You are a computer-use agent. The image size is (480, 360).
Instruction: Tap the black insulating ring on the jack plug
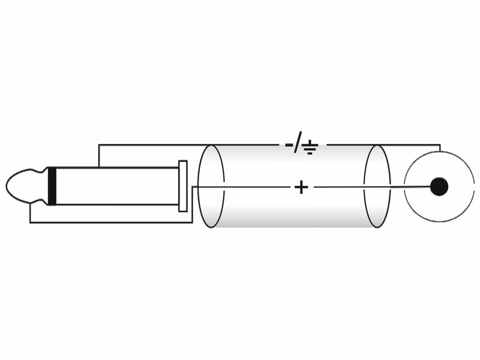[x=52, y=186]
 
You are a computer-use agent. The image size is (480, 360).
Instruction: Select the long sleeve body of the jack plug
[x=117, y=186]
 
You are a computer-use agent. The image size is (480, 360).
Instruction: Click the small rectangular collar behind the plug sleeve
[x=183, y=186]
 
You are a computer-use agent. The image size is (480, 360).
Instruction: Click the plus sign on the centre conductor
[x=301, y=187]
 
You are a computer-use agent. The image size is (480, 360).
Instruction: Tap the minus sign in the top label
[x=289, y=145]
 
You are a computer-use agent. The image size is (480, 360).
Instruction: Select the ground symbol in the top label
[x=310, y=148]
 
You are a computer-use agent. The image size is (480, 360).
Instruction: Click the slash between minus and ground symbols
[x=297, y=142]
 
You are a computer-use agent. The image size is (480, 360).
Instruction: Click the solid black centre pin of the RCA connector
[x=439, y=187]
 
